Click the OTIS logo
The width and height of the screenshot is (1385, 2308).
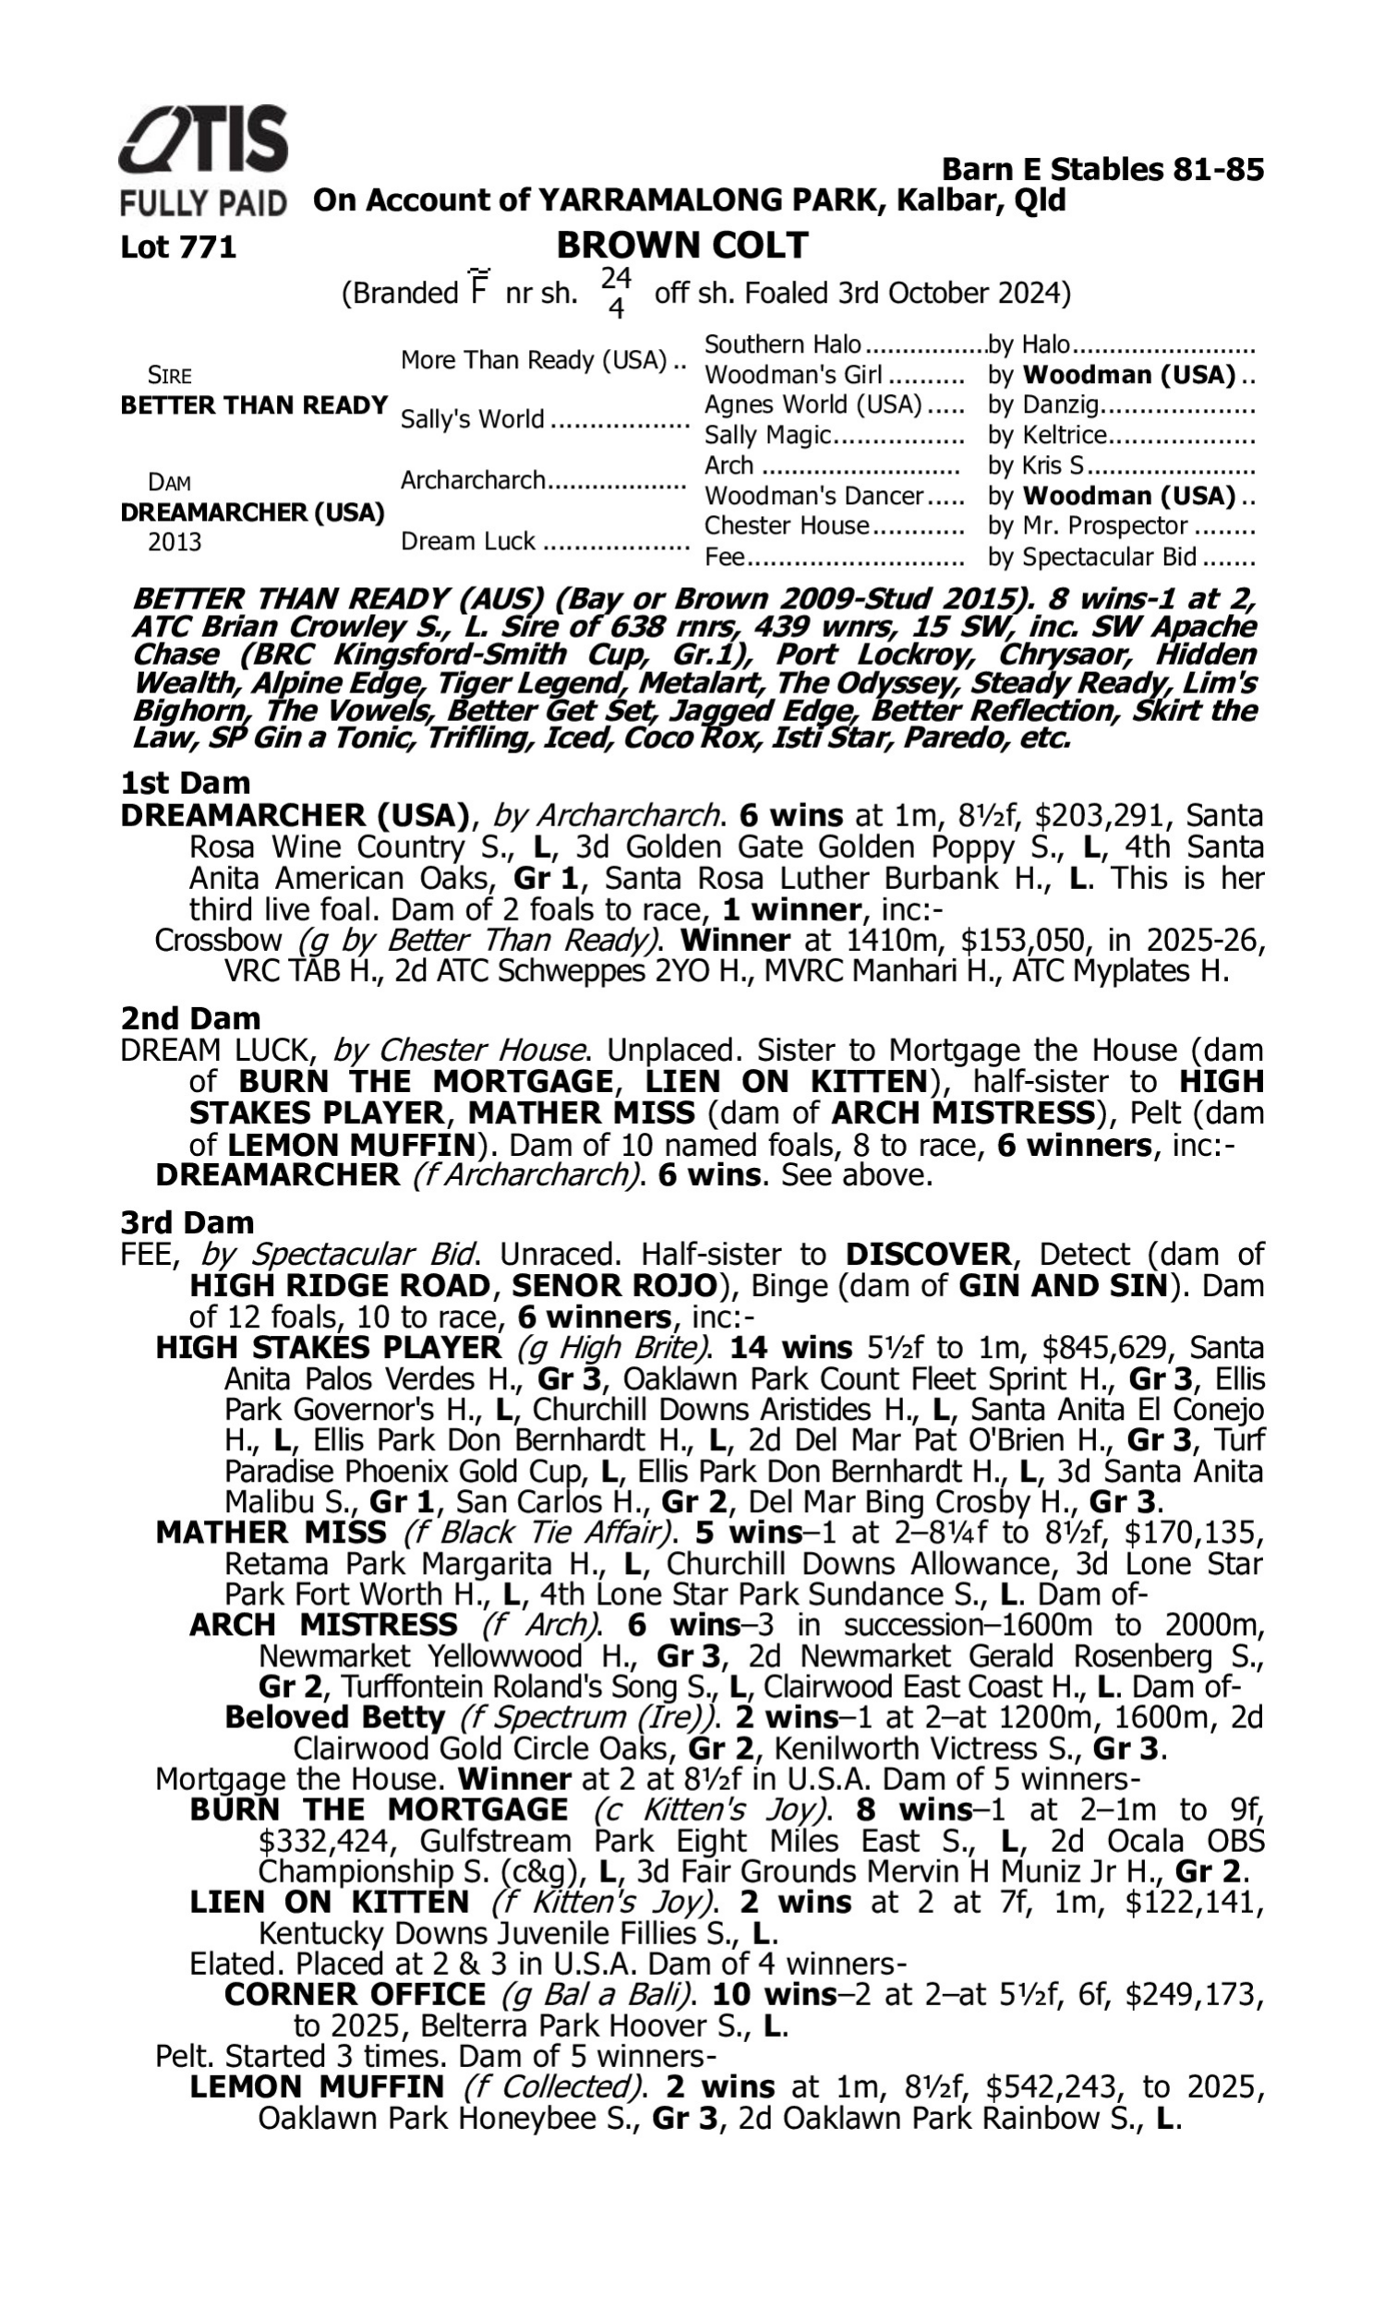tap(203, 140)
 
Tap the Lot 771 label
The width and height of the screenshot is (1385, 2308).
tap(178, 247)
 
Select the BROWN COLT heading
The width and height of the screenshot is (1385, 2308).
tap(681, 246)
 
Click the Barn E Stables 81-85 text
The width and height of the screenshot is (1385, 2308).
tap(1102, 170)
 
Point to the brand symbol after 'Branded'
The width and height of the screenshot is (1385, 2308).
tap(479, 286)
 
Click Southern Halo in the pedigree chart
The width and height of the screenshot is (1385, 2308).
tap(782, 345)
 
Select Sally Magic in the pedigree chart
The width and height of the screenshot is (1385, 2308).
tap(766, 435)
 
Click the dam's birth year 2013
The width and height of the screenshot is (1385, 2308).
tap(175, 542)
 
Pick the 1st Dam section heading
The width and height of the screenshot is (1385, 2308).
tap(186, 783)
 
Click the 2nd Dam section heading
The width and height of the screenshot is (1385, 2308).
tap(190, 1017)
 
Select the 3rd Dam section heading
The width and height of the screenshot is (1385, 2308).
tap(187, 1222)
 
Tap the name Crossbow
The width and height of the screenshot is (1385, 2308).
tap(219, 940)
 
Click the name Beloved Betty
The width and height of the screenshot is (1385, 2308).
tap(335, 1717)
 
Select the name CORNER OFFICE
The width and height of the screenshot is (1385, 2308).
tap(355, 1995)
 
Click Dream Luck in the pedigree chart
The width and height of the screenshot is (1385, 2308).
tap(467, 541)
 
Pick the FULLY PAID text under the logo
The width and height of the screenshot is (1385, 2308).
tap(202, 202)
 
